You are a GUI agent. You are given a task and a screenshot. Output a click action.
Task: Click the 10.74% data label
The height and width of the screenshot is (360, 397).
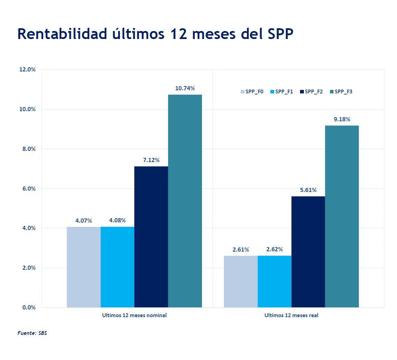tap(185, 88)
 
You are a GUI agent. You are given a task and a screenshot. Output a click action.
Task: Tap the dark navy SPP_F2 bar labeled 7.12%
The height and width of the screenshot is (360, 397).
tap(151, 237)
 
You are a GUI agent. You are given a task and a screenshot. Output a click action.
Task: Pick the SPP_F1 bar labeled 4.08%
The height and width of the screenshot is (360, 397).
tap(117, 267)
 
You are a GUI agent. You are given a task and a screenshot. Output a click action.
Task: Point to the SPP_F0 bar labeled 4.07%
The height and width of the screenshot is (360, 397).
tap(84, 267)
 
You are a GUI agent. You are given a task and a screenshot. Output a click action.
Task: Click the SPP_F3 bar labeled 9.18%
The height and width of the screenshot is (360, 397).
tap(342, 216)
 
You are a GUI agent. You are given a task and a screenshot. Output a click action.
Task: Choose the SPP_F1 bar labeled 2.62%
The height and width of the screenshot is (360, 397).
tap(275, 282)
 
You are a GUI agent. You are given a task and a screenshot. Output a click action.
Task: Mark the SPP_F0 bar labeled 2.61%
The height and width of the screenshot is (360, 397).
tap(241, 282)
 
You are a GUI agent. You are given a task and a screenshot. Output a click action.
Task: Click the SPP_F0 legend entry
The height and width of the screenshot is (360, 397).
tap(252, 92)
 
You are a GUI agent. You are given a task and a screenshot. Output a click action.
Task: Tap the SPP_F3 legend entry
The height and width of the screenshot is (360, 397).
tap(341, 92)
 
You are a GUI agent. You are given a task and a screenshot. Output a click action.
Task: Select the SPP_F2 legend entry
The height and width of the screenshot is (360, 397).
tap(311, 92)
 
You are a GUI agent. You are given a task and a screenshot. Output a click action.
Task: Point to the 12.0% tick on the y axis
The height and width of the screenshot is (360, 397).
tap(27, 69)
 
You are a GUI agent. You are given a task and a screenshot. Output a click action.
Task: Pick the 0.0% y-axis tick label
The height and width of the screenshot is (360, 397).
tap(28, 307)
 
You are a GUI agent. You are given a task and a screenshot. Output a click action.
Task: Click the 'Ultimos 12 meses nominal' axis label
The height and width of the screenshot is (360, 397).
tap(134, 315)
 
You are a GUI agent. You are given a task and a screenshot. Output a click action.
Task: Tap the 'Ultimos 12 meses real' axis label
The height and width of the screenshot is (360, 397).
tap(291, 315)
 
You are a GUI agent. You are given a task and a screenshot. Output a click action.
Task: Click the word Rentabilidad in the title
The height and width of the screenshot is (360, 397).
tap(62, 34)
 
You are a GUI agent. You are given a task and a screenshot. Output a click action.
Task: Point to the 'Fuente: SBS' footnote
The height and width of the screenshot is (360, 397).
tap(32, 333)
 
